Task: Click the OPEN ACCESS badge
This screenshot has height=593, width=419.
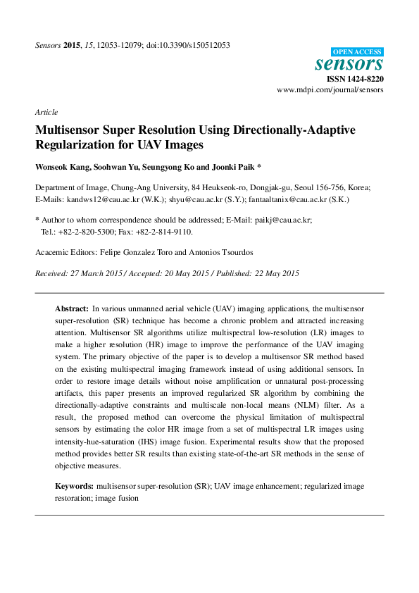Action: tap(356, 52)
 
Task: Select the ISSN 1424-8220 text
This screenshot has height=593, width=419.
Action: tap(355, 80)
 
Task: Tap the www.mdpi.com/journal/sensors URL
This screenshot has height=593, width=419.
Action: tap(330, 91)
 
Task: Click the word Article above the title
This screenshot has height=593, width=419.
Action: tap(46, 112)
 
